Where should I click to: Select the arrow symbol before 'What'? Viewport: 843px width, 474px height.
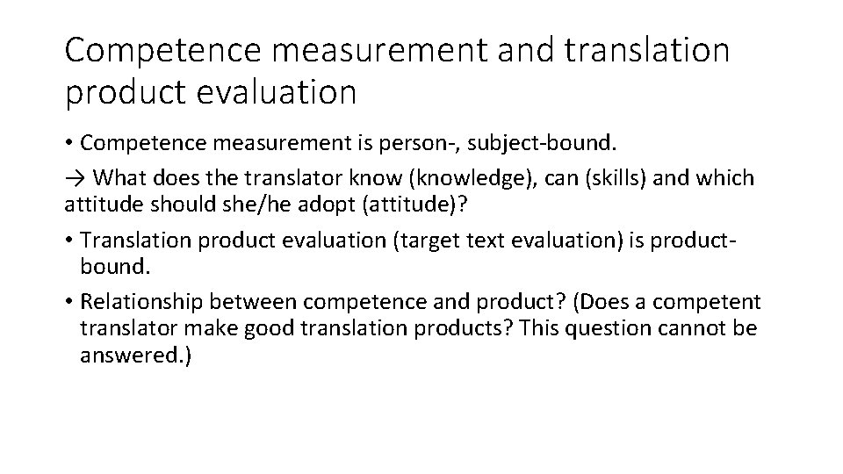click(75, 179)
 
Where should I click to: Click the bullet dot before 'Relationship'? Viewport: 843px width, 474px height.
click(69, 303)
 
